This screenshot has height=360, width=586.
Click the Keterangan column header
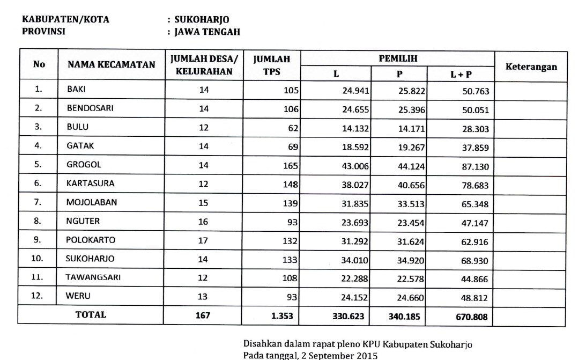click(x=531, y=67)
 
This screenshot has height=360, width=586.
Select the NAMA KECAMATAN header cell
click(x=111, y=65)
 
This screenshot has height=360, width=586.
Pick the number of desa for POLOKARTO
click(x=203, y=240)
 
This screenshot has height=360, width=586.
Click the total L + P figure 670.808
click(x=472, y=317)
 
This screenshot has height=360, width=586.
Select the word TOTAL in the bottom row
click(x=91, y=315)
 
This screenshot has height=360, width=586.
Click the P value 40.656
click(x=412, y=185)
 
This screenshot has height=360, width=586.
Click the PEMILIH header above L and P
click(x=398, y=58)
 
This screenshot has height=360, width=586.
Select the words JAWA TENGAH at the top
click(x=206, y=32)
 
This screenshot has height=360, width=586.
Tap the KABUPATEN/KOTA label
click(x=65, y=20)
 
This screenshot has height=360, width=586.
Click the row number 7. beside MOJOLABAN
click(x=38, y=202)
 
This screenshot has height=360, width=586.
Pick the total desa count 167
click(x=203, y=315)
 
